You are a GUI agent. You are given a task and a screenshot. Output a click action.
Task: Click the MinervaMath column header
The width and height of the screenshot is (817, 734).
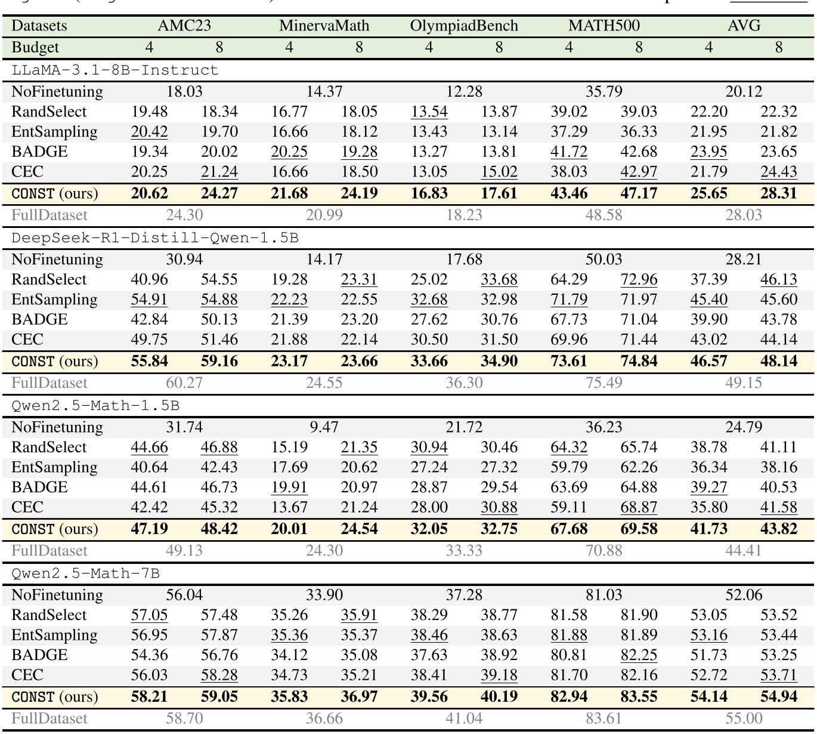coord(324,26)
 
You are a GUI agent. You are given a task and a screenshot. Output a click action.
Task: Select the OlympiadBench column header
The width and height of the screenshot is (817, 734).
coord(463,26)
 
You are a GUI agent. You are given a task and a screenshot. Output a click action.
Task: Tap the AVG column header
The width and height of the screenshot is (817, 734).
coord(744,26)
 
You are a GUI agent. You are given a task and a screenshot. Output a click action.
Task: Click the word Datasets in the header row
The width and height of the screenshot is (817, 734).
coord(39,26)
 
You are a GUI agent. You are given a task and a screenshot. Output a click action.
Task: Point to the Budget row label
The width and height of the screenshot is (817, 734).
coord(35,47)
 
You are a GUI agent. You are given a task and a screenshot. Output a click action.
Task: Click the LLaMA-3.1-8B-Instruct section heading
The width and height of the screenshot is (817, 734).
coord(115,70)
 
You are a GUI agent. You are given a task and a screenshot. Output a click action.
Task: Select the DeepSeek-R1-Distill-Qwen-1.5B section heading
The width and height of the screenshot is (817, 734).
coord(155,238)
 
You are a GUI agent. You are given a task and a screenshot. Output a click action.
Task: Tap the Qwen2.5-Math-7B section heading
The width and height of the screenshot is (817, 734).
coord(85,573)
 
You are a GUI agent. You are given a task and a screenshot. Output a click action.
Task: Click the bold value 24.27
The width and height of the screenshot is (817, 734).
coord(219,193)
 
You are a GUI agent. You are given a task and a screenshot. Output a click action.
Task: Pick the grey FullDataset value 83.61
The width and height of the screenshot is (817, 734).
coord(604,718)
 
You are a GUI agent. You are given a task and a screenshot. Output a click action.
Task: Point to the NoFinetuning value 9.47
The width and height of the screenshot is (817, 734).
coord(324,427)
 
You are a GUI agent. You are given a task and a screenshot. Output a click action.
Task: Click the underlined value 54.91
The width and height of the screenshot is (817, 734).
coord(149,300)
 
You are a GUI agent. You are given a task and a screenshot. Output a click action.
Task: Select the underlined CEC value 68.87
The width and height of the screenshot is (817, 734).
coord(639,507)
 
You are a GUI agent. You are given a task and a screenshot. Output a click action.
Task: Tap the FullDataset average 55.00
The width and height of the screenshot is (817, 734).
coord(744,718)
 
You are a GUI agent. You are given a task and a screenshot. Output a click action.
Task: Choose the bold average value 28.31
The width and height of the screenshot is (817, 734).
coord(778,193)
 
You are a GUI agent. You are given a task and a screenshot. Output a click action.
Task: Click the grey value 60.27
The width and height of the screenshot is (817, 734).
coord(184,383)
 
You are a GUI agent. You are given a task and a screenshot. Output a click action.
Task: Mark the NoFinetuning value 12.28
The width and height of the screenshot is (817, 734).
coord(463,91)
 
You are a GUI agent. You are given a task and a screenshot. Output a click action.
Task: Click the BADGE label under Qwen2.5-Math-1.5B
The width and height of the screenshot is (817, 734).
coord(39,487)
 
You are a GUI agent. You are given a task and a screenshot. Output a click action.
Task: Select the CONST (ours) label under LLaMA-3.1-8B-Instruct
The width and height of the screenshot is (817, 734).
coord(54,193)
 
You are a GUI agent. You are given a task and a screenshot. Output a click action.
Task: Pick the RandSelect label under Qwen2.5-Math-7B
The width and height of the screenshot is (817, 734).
coord(49,615)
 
